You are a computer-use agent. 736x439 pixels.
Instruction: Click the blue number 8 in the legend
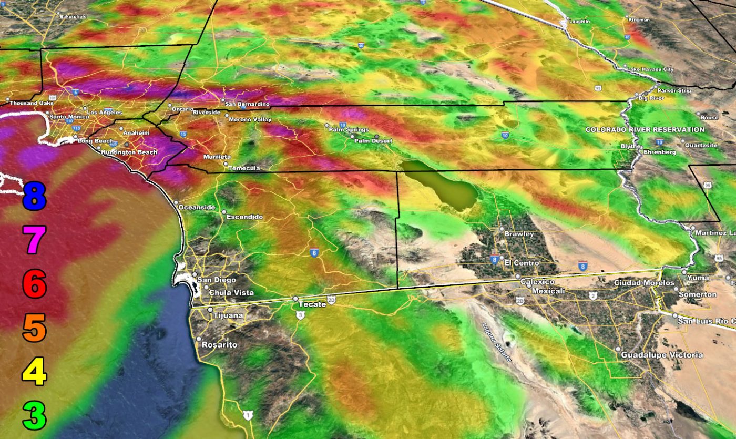[35, 195]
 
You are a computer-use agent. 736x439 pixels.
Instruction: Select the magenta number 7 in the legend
[35, 240]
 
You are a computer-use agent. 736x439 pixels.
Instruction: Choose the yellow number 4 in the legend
[35, 371]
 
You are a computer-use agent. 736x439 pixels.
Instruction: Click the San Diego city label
[217, 280]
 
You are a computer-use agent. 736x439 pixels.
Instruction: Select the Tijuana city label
[228, 315]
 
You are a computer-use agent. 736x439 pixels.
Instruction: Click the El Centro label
[522, 263]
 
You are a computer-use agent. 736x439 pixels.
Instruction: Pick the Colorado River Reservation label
[645, 129]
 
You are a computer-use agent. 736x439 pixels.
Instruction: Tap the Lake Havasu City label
[651, 69]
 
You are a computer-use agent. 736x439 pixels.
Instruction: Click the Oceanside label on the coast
[197, 207]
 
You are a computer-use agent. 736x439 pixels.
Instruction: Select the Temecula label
[246, 168]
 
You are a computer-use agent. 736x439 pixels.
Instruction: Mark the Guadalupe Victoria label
[662, 355]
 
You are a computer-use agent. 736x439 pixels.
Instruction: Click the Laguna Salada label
[497, 341]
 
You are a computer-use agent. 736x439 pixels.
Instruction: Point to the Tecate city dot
[295, 299]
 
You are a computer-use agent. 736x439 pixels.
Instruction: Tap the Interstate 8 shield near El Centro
[494, 259]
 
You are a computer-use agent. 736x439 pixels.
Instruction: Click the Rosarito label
[220, 345]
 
